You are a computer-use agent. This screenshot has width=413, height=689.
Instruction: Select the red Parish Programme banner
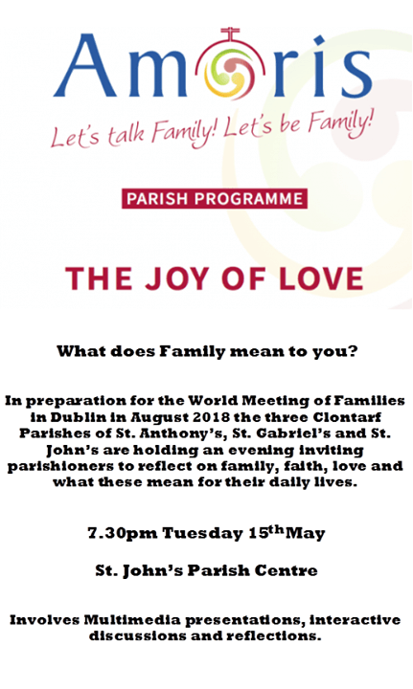coord(215,199)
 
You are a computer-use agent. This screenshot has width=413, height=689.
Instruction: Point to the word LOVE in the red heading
coord(317,278)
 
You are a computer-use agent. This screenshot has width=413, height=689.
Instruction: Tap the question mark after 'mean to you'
coord(352,350)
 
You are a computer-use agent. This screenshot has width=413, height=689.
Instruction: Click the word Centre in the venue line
coord(286,571)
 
